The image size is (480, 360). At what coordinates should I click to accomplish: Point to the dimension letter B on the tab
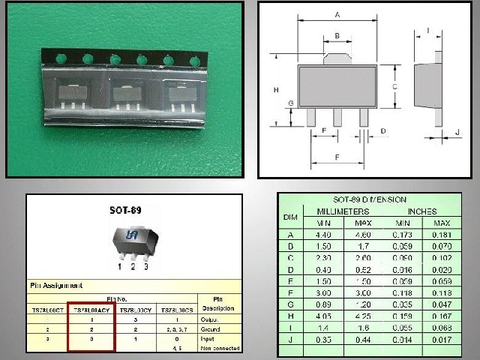(x=337, y=35)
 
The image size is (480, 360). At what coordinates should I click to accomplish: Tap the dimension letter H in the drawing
(x=277, y=89)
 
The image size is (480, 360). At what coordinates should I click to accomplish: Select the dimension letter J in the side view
(x=457, y=132)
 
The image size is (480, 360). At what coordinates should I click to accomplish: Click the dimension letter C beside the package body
(x=394, y=86)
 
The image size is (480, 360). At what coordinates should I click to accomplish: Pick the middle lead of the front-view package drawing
(x=337, y=117)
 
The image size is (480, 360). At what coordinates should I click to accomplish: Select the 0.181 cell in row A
(x=442, y=235)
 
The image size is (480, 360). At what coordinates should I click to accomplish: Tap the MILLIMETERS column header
(x=342, y=211)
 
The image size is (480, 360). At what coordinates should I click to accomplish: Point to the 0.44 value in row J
(x=363, y=340)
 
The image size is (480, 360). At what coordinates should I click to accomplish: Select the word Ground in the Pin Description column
(x=212, y=328)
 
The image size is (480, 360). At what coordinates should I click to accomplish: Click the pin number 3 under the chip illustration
(x=145, y=265)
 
